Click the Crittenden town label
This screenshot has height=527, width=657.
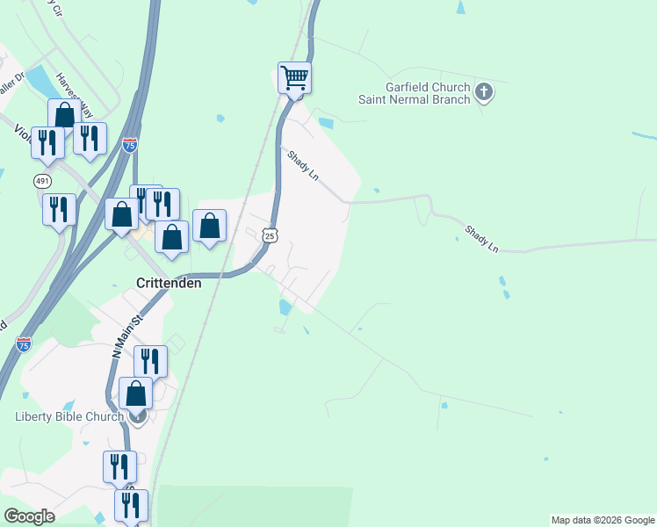[x=170, y=283]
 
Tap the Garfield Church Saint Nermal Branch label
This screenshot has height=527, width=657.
[x=415, y=92]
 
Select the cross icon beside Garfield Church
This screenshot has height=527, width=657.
[x=484, y=92]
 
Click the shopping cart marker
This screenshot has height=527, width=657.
[x=294, y=77]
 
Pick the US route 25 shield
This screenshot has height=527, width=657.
[x=270, y=235]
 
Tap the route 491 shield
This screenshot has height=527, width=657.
[x=42, y=180]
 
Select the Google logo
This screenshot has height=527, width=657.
[x=29, y=516]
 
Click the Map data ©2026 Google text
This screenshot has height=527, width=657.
[x=602, y=520]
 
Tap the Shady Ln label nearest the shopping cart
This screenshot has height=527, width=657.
[x=302, y=165]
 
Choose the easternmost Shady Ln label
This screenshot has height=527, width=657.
[x=481, y=238]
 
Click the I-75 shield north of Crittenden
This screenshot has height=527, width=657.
[x=130, y=146]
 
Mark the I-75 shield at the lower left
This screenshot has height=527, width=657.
[x=24, y=343]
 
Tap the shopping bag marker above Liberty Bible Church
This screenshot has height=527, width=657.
[x=136, y=393]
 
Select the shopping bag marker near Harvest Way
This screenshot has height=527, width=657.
[x=64, y=114]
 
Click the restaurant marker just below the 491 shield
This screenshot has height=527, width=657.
[x=59, y=209]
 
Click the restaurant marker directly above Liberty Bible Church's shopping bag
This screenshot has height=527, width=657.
[x=150, y=360]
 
